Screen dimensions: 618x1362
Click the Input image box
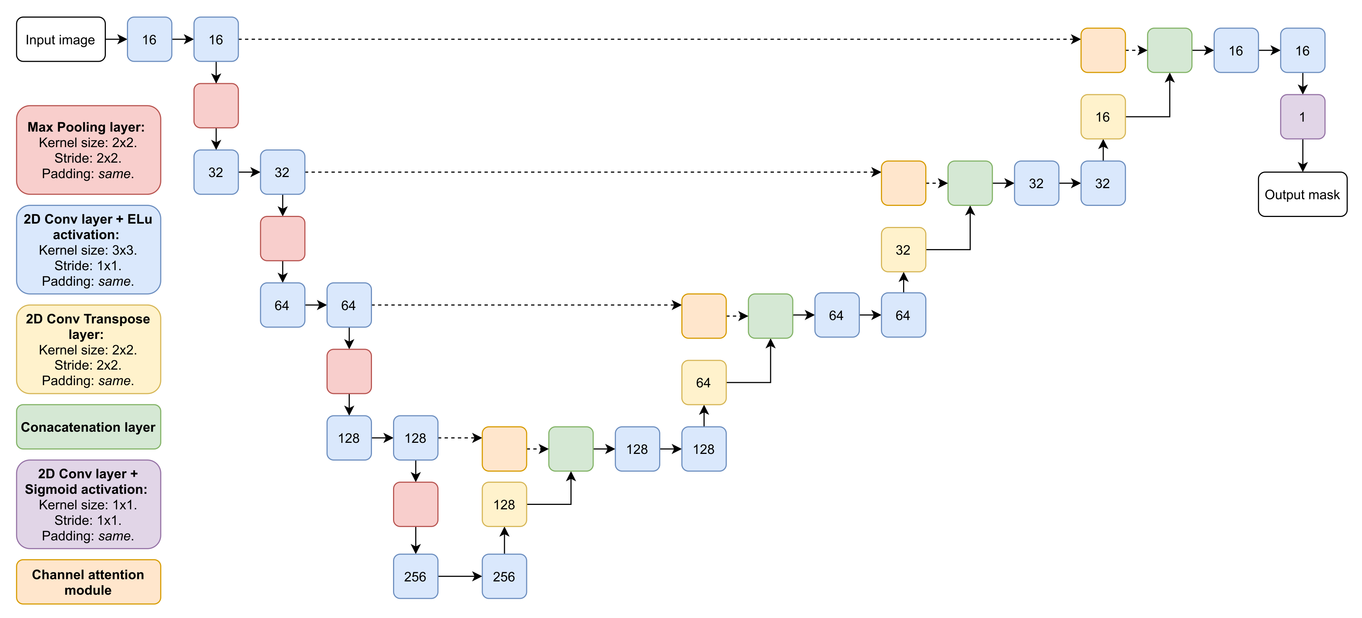(x=61, y=40)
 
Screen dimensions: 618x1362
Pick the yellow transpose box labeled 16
(x=1103, y=117)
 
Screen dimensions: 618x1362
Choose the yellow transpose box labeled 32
(x=903, y=250)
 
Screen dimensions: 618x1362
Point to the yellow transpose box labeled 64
(x=704, y=383)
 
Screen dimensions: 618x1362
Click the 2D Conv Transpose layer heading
(x=88, y=326)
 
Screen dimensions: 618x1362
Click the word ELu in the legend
(x=140, y=219)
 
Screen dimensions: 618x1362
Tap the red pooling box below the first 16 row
(x=216, y=106)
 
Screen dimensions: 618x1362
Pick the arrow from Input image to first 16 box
(x=116, y=39)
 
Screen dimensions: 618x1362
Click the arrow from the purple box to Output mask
(x=1302, y=155)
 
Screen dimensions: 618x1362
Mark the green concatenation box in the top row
(x=1170, y=50)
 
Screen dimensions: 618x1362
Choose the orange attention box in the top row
(x=1103, y=50)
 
